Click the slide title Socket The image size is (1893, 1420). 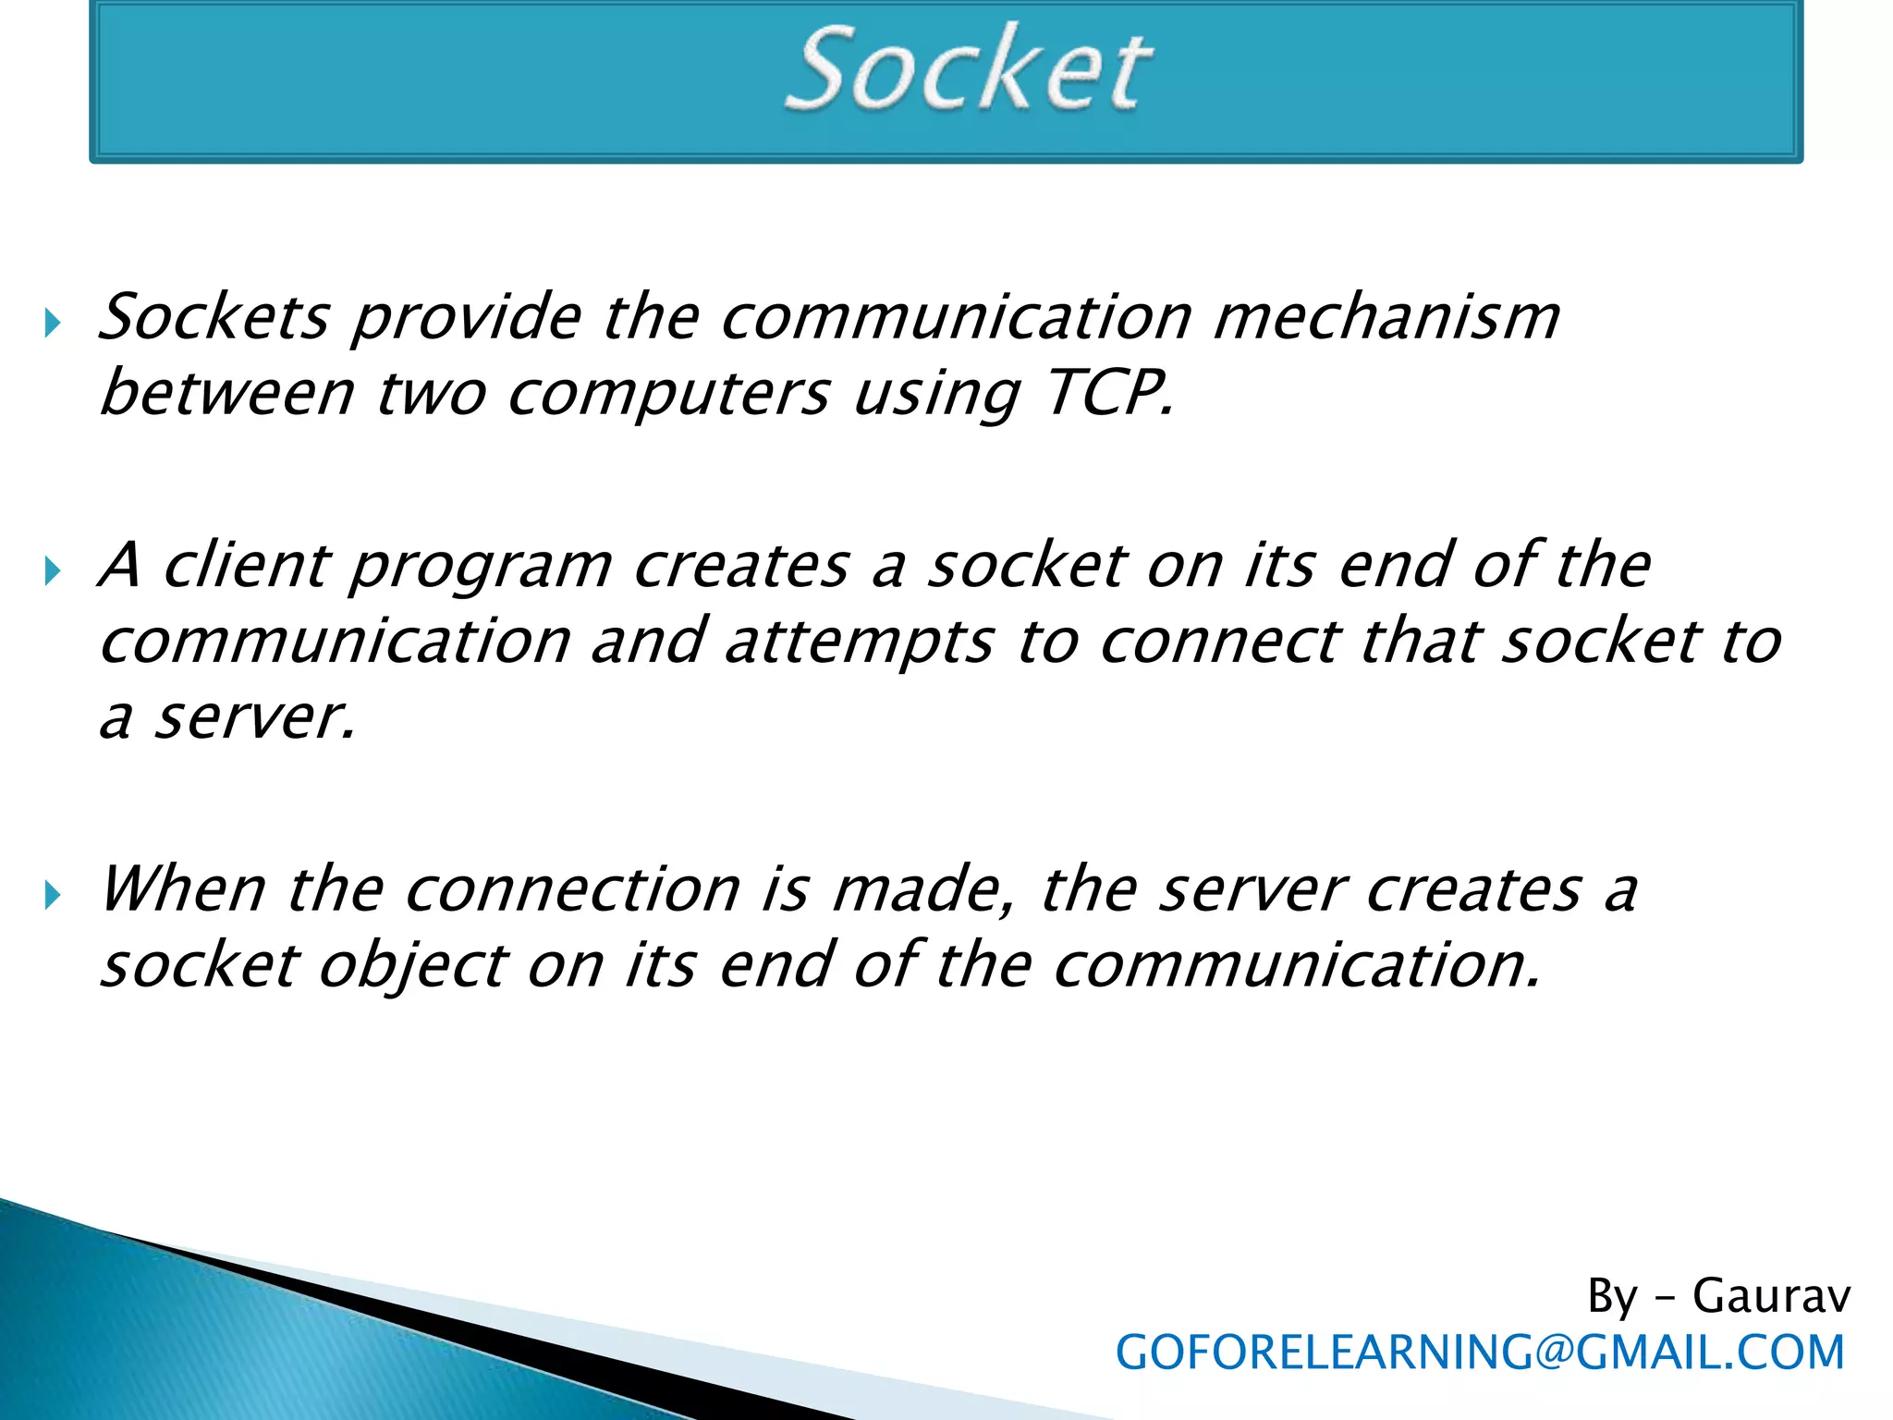[x=968, y=69]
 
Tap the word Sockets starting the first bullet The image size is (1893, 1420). [x=214, y=317]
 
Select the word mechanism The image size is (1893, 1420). [x=1386, y=317]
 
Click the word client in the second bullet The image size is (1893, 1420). [x=247, y=565]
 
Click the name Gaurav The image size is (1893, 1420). [x=1771, y=1295]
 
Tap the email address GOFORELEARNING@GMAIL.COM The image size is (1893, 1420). [x=1480, y=1353]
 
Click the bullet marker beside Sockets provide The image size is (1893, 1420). [x=53, y=324]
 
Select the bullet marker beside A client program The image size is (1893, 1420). [x=53, y=571]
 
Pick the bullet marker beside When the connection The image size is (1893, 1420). [x=53, y=895]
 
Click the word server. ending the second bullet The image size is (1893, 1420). [x=254, y=719]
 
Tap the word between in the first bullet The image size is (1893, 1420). [x=226, y=394]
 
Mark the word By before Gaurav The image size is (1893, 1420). [x=1612, y=1296]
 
